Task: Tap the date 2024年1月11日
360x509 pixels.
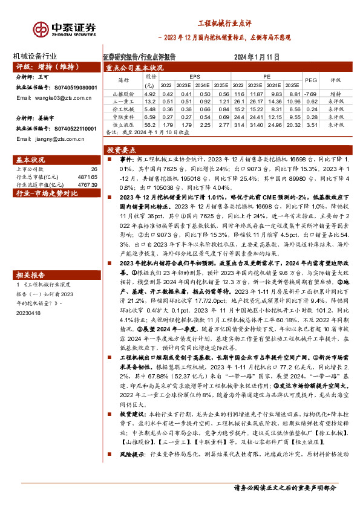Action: coord(258,56)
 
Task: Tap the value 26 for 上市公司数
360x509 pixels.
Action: coord(93,170)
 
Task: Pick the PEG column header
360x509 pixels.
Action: coord(311,80)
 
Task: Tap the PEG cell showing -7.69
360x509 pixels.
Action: coord(310,94)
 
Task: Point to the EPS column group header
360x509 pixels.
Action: coord(194,77)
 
